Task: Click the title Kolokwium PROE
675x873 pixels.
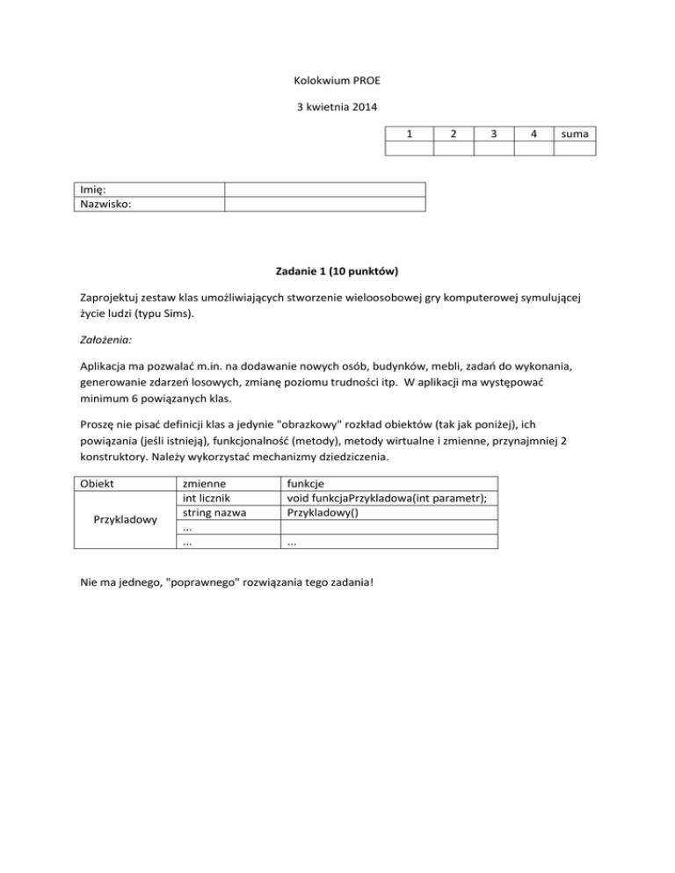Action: click(337, 83)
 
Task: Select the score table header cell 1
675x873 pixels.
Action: click(410, 133)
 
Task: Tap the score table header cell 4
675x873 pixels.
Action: click(534, 133)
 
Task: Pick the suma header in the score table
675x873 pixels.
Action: click(576, 133)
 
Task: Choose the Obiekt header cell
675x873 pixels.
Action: click(96, 484)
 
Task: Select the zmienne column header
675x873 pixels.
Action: click(203, 484)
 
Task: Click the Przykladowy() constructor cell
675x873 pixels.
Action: click(316, 514)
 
